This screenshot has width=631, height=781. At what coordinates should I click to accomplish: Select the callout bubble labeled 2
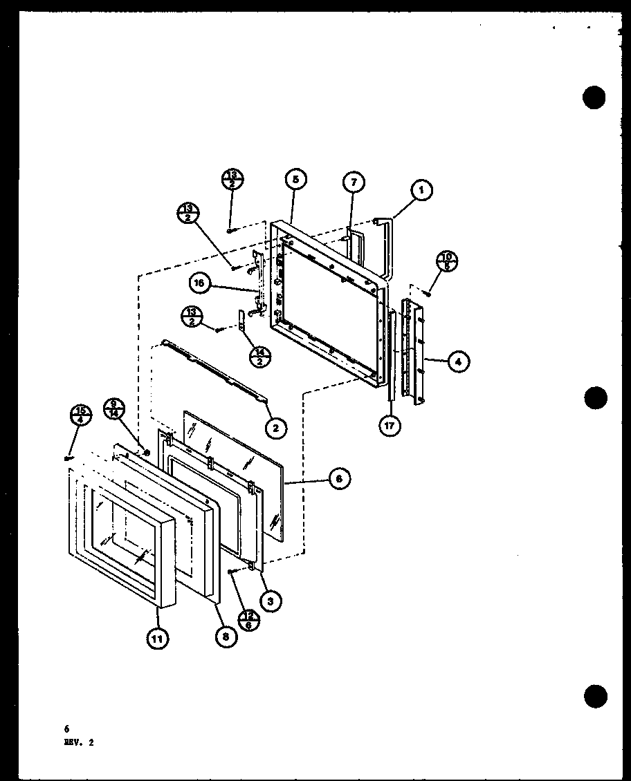pyautogui.click(x=275, y=428)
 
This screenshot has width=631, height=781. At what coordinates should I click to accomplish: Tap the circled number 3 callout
pyautogui.click(x=271, y=601)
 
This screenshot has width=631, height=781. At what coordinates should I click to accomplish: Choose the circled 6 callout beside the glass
pyautogui.click(x=338, y=478)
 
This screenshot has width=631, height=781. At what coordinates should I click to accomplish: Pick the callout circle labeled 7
pyautogui.click(x=353, y=182)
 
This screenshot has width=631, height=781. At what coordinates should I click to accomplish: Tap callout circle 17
pyautogui.click(x=389, y=425)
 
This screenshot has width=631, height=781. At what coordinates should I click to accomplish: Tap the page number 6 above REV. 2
pyautogui.click(x=66, y=728)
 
